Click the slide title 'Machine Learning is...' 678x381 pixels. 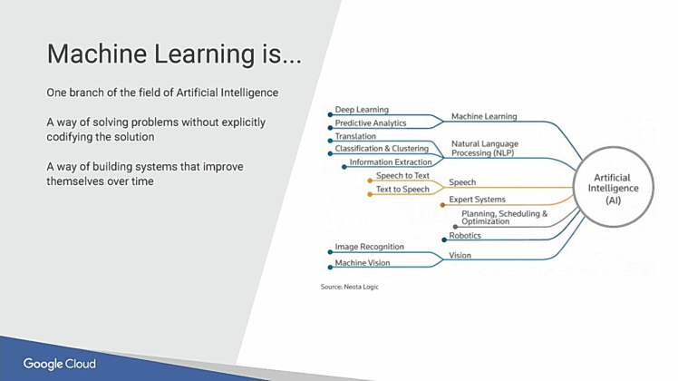pyautogui.click(x=174, y=54)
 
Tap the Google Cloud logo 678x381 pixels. pyautogui.click(x=60, y=365)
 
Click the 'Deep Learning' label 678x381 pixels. pyautogui.click(x=363, y=110)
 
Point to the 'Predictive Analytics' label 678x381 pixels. pyautogui.click(x=371, y=123)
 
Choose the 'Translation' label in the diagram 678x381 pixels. pyautogui.click(x=355, y=136)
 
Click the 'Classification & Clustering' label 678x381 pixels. pyautogui.click(x=382, y=149)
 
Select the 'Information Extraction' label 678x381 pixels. pyautogui.click(x=391, y=162)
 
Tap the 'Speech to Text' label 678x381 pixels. pyautogui.click(x=402, y=176)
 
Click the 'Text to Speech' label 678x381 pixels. pyautogui.click(x=402, y=190)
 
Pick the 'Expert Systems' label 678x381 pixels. pyautogui.click(x=477, y=200)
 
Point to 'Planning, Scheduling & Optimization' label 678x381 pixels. pyautogui.click(x=504, y=218)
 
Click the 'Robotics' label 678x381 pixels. pyautogui.click(x=465, y=236)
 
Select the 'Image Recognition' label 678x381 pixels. pyautogui.click(x=370, y=247)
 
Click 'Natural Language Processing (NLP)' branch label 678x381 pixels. pyautogui.click(x=484, y=149)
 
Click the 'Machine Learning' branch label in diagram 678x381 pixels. pyautogui.click(x=484, y=116)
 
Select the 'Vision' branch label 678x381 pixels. pyautogui.click(x=460, y=256)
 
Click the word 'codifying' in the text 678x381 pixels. pyautogui.click(x=69, y=137)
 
